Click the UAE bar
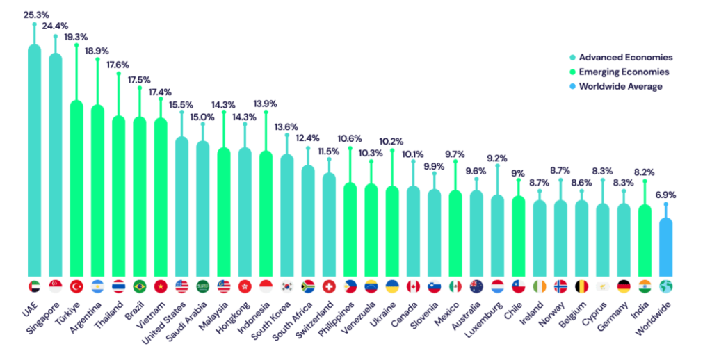(x=34, y=160)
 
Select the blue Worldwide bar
(x=666, y=246)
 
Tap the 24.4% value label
(x=56, y=26)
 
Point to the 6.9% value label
(x=666, y=195)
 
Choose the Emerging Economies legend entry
(x=619, y=72)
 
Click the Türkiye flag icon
(x=76, y=286)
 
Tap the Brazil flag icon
(x=140, y=286)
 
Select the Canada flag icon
(x=413, y=286)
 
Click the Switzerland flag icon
(x=329, y=286)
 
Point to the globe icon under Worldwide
(x=666, y=286)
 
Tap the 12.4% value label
(x=308, y=138)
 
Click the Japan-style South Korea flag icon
(x=287, y=286)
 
